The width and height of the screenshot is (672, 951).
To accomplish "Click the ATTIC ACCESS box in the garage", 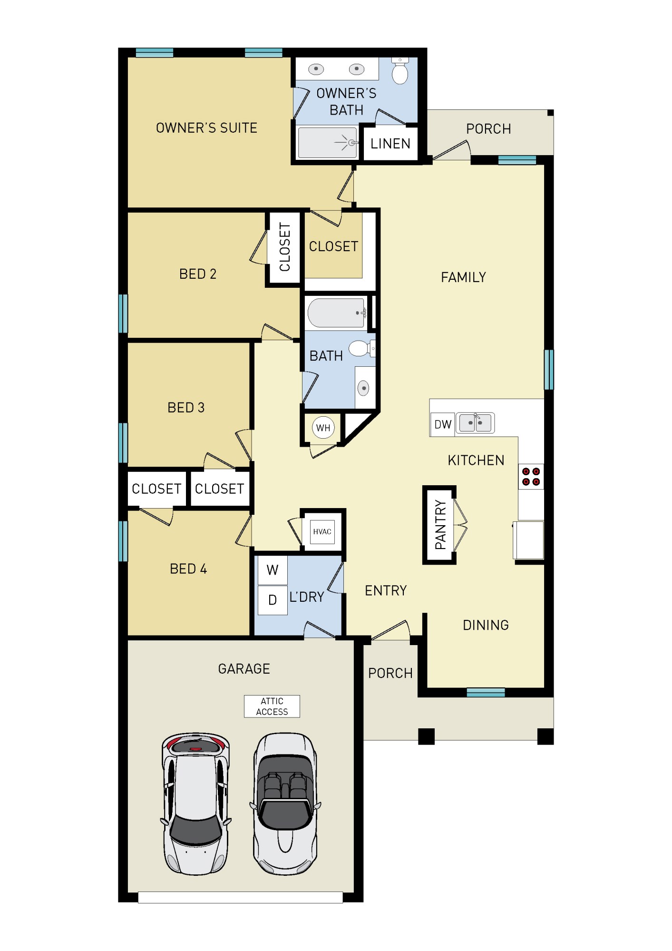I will (x=272, y=706).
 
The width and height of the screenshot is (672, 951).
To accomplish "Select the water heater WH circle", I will (x=323, y=428).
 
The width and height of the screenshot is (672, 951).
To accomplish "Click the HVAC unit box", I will (x=322, y=531).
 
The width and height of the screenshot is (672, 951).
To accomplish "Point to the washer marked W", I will (x=273, y=570).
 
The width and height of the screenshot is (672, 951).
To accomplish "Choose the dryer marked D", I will (x=273, y=600).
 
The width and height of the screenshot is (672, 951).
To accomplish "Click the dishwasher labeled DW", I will (x=443, y=424).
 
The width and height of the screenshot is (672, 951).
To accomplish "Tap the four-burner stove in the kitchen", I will (x=531, y=477).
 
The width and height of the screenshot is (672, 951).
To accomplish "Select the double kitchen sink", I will (x=475, y=423).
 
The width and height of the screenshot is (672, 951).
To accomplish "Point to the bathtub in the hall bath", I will (x=336, y=313).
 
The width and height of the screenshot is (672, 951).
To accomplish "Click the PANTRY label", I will (x=440, y=525).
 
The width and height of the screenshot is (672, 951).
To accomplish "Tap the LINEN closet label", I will (x=390, y=144).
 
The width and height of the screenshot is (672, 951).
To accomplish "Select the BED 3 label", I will (x=186, y=408).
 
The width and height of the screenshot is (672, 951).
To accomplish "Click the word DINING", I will (x=486, y=625).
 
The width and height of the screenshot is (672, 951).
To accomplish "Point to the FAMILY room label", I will (x=463, y=277).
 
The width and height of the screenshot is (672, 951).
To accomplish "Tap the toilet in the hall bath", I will (x=360, y=349).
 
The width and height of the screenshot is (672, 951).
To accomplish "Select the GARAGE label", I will (x=244, y=669).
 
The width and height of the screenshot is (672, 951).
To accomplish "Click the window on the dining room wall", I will (x=486, y=692).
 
